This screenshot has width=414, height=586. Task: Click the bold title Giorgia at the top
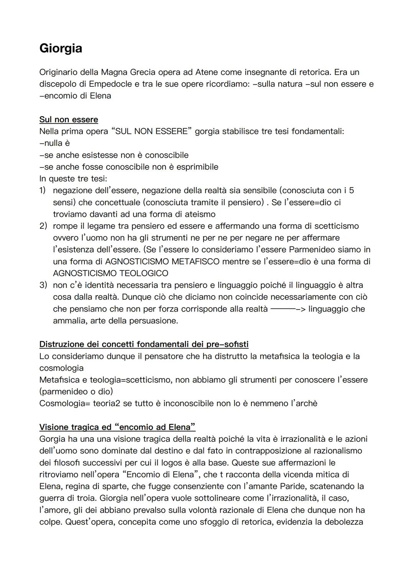[61, 48]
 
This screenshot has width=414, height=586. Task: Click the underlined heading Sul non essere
[69, 120]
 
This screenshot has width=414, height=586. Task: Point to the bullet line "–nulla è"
[54, 143]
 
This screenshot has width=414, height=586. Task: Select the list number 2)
[43, 226]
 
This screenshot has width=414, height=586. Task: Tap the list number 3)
[43, 285]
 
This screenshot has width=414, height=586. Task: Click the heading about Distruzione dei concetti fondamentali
[144, 344]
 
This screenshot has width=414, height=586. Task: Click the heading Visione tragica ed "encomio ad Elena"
[117, 427]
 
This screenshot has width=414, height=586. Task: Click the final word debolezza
[343, 522]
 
